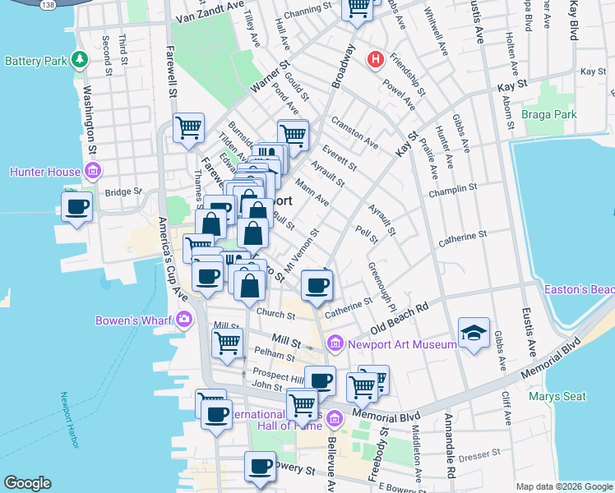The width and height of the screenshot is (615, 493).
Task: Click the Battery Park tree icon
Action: (80, 60)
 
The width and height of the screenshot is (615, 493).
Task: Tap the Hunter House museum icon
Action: (93, 172)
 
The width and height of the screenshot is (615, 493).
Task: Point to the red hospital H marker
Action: (376, 59)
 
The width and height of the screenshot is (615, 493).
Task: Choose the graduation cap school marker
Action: (474, 333)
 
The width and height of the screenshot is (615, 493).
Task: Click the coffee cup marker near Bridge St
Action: (77, 206)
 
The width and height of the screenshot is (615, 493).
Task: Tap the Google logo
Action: (28, 483)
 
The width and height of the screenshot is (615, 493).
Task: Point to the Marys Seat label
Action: (557, 396)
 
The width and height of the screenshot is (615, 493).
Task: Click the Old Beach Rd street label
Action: (400, 317)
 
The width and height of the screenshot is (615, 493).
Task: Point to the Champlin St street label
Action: (453, 188)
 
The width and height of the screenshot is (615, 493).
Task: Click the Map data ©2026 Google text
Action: (563, 486)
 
